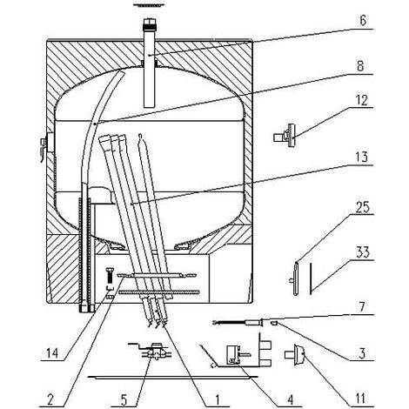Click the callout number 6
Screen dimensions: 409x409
[363, 21]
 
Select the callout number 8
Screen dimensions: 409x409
[360, 66]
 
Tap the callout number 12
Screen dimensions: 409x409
[361, 100]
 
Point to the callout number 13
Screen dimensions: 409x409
[361, 158]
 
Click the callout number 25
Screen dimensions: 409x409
[362, 207]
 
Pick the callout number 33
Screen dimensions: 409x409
[363, 252]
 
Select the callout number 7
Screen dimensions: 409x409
[362, 307]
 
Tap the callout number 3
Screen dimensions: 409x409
[362, 353]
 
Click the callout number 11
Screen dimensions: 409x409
[360, 399]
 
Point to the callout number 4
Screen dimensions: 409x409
[290, 399]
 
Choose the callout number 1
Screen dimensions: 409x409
[218, 399]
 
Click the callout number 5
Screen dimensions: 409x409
[124, 400]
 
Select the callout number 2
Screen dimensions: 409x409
[50, 400]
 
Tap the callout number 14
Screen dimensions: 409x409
[52, 353]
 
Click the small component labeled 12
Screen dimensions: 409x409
[285, 136]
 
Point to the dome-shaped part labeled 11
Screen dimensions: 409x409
[295, 354]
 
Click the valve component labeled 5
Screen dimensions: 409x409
[153, 352]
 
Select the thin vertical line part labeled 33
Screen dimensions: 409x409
[310, 278]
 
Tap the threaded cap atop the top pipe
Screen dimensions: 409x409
[149, 24]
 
